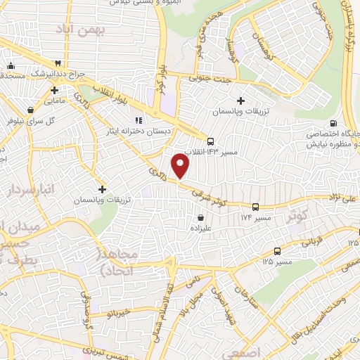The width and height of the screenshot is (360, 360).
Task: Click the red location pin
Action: pyautogui.click(x=181, y=166)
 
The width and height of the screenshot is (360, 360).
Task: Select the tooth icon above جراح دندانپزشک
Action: pyautogui.click(x=67, y=63)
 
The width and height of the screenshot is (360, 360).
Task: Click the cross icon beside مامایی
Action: pyautogui.click(x=54, y=89)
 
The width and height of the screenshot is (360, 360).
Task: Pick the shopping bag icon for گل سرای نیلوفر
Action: pyautogui.click(x=30, y=110)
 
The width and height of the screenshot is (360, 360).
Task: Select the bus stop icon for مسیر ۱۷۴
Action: pyautogui.click(x=255, y=207)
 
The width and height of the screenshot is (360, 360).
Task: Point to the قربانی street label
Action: pyautogui.click(x=312, y=240)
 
